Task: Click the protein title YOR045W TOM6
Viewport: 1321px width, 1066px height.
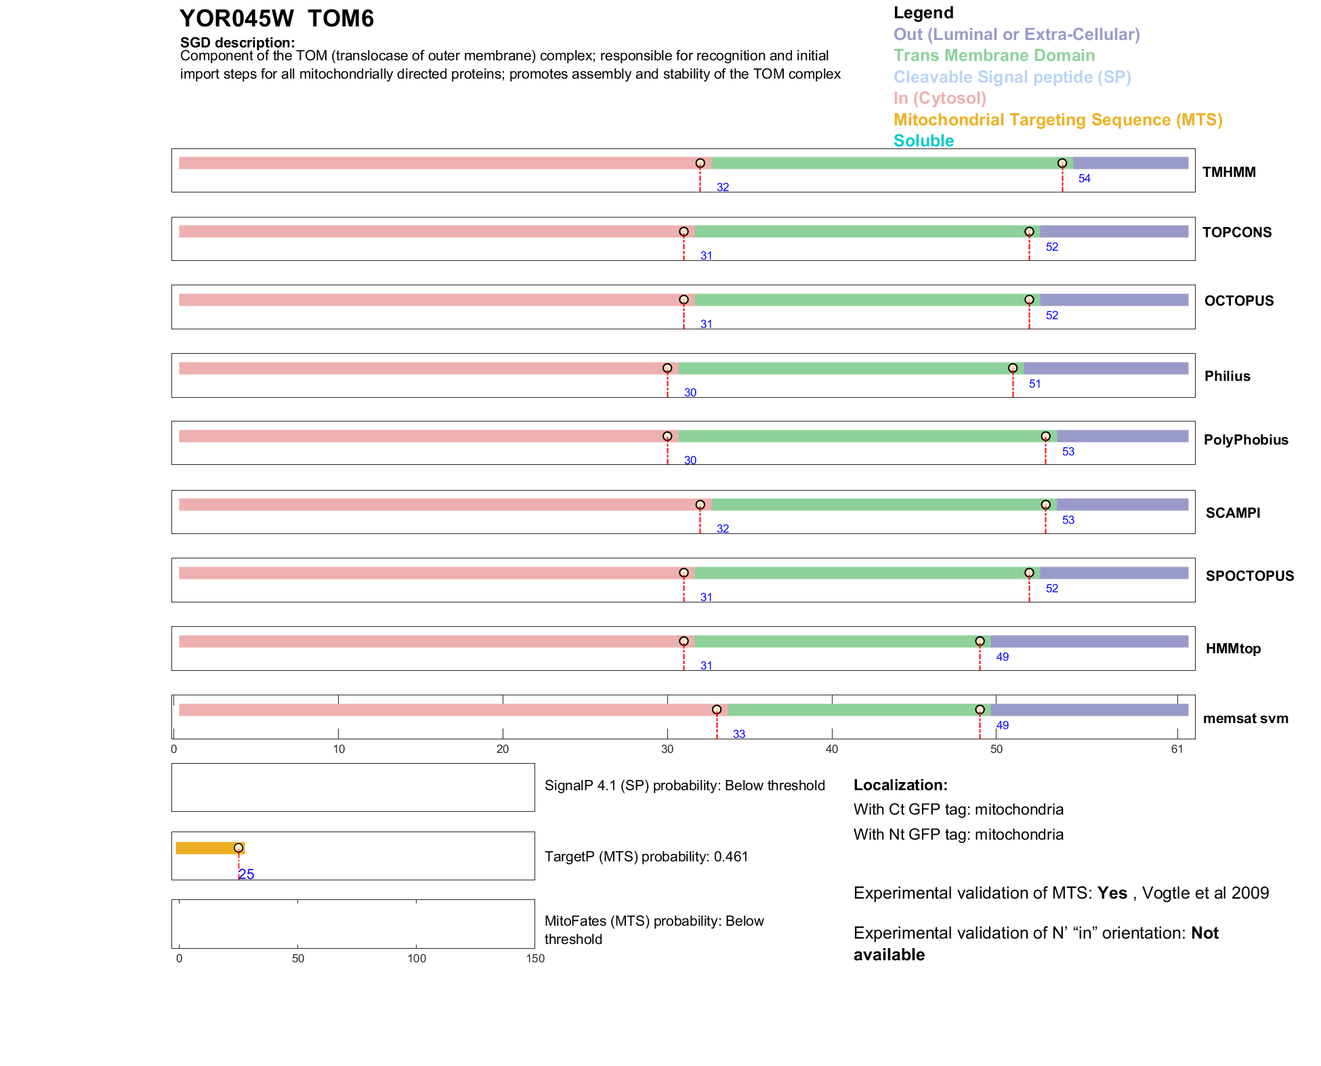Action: tap(276, 19)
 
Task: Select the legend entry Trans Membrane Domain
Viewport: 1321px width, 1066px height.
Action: tap(994, 56)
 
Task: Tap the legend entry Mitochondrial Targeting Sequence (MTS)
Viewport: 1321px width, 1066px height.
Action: tap(1057, 120)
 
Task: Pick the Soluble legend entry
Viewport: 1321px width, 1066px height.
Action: tap(923, 141)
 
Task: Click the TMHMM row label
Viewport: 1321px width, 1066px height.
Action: tap(1229, 172)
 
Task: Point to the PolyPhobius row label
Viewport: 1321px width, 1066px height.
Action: tap(1245, 440)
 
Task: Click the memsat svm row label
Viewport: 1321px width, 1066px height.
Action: tap(1245, 718)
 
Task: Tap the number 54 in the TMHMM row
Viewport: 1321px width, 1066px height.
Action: tap(1084, 179)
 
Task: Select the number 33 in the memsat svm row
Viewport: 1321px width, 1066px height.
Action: tap(738, 735)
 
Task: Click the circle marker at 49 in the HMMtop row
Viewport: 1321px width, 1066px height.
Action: tap(980, 641)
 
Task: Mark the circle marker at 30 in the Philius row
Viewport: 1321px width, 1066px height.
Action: tap(667, 368)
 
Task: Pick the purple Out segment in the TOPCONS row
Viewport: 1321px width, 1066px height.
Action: tap(1114, 232)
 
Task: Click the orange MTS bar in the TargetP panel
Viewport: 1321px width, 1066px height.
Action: tap(207, 848)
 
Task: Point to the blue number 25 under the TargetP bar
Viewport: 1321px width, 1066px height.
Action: tap(247, 874)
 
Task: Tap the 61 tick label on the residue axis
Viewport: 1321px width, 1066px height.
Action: tap(1177, 749)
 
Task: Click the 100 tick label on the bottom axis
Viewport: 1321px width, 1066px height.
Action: tap(417, 958)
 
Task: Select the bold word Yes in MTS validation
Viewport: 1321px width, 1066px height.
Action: tap(1112, 893)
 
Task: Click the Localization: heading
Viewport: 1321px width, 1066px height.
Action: tap(900, 785)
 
